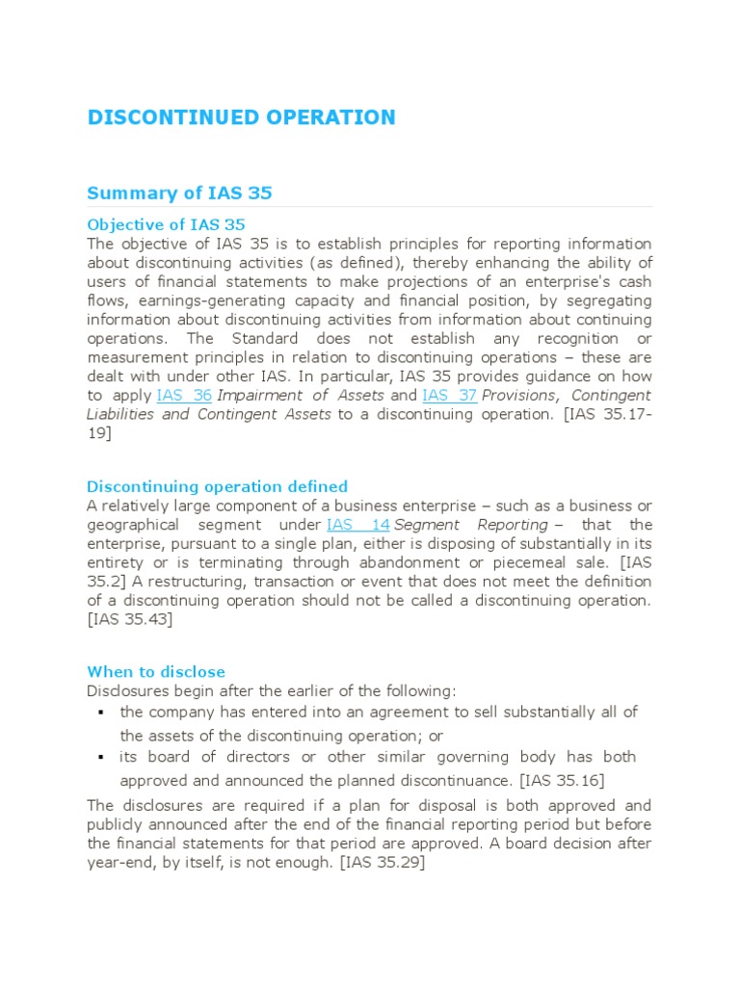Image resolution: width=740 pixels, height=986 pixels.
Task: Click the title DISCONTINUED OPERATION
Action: (x=241, y=117)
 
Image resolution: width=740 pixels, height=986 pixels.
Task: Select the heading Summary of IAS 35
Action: (x=179, y=193)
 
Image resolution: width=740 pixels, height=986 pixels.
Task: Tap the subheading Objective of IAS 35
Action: (x=166, y=224)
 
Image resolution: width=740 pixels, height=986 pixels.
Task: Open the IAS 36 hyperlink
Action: (x=183, y=395)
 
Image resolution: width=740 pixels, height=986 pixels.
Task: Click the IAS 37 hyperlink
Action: (x=449, y=395)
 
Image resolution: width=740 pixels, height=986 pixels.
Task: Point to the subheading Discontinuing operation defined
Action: (x=217, y=486)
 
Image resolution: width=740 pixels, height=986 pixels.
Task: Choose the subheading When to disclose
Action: (x=156, y=671)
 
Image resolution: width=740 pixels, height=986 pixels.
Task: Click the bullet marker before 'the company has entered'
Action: (x=101, y=713)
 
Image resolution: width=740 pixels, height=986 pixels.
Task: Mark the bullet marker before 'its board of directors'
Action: (x=101, y=757)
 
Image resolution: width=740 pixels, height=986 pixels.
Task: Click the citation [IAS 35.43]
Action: (x=130, y=619)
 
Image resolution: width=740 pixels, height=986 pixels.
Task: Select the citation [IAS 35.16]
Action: (x=562, y=780)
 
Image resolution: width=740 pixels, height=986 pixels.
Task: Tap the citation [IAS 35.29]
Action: (x=382, y=863)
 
